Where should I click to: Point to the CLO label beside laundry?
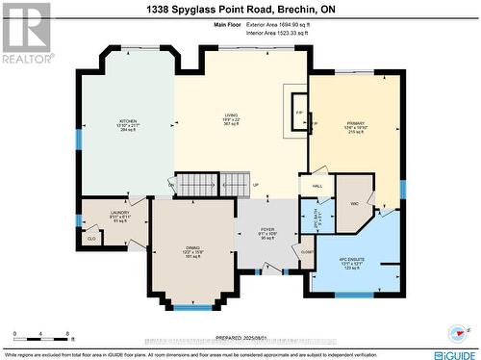pos(91,236)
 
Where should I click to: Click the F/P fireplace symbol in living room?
pos(298,113)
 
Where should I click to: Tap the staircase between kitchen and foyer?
pos(206,185)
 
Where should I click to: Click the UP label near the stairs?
pos(255,185)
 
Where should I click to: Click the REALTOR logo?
pos(25,31)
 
